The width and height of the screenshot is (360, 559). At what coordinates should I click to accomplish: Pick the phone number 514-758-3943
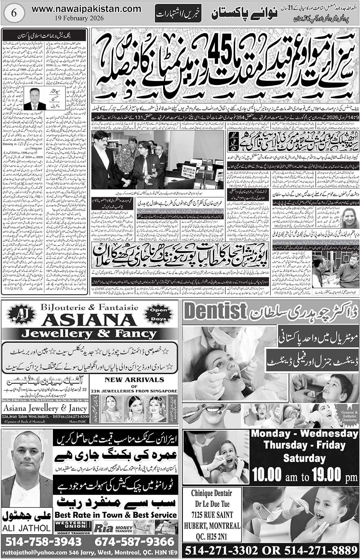click(x=44, y=541)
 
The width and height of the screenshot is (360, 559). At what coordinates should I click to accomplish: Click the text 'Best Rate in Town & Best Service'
click(x=116, y=515)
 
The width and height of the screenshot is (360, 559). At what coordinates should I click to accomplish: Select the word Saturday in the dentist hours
click(x=304, y=458)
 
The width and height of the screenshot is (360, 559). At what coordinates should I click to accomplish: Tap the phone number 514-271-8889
click(x=320, y=551)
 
